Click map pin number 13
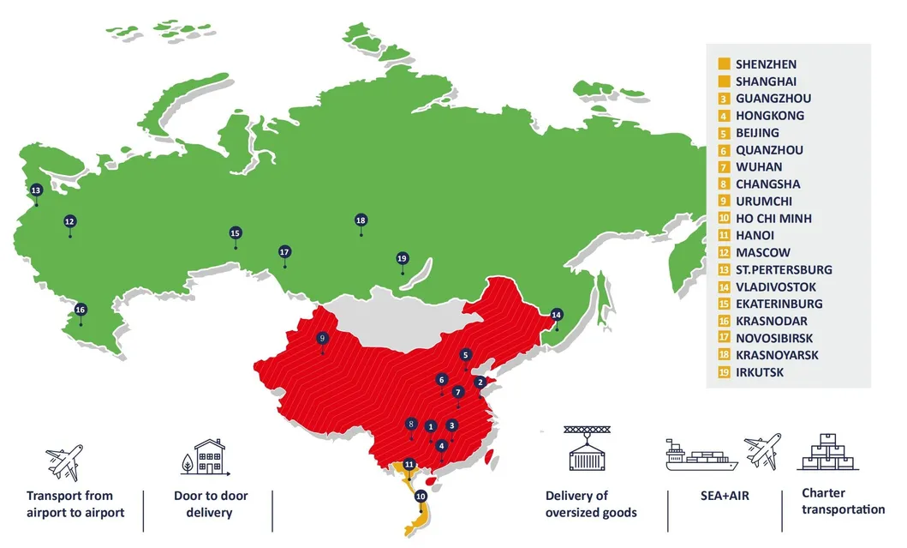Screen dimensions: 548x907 point(36,190)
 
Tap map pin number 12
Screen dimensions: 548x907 point(69,221)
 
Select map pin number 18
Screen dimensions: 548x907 point(361,220)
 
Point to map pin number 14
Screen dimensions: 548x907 point(557,314)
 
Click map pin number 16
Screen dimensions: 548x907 point(81,310)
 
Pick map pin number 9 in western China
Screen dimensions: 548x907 point(322,338)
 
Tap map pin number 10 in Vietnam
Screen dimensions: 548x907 point(420,496)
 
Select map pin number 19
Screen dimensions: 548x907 point(403,258)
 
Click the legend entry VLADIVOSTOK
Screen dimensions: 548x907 point(776,287)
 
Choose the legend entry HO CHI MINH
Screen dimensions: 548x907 point(773,219)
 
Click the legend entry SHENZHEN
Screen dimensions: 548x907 point(766,64)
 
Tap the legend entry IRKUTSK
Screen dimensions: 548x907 point(760,373)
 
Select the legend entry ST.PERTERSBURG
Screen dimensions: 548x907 point(783,270)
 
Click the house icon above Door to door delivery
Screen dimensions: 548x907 point(207,458)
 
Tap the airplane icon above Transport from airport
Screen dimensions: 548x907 point(64,462)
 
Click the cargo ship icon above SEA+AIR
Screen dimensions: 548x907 point(701,455)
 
